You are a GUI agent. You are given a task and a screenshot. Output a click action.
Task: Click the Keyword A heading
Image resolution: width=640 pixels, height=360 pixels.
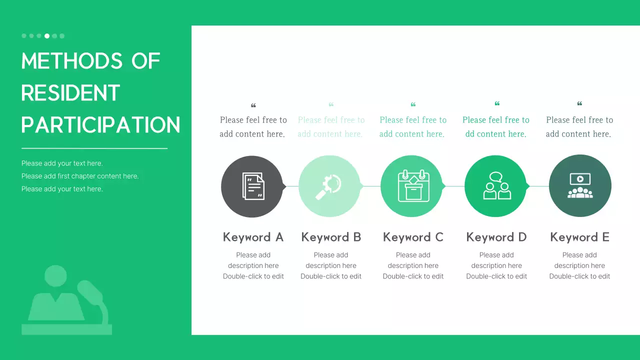253,237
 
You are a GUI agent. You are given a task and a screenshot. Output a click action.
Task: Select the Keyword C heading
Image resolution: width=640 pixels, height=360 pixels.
413,237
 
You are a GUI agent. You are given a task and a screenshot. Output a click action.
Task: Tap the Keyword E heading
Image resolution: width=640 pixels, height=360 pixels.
579,237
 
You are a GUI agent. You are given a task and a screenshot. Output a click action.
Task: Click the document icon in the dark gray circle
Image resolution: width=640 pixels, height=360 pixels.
252,186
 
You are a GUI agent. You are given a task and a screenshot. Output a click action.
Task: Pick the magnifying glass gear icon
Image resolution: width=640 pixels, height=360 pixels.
329,186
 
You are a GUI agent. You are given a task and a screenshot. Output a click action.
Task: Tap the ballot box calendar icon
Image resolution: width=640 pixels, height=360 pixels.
413,186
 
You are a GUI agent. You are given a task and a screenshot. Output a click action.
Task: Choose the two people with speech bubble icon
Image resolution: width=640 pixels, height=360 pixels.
496,186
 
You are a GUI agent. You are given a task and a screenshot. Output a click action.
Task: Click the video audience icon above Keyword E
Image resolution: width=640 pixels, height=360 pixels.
580,185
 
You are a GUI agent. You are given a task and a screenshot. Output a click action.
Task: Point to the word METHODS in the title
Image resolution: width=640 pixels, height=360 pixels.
72,61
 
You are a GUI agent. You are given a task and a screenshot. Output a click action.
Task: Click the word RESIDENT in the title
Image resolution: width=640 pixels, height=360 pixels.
70,93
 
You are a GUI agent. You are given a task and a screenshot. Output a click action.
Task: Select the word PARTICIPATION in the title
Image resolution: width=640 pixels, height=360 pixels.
100,125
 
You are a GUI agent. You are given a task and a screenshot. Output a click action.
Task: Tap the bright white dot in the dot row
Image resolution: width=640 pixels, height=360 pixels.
47,36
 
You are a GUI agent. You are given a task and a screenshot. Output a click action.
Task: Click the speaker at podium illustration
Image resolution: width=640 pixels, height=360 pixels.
67,300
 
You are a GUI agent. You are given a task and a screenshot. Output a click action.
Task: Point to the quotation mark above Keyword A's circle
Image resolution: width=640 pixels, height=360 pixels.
253,105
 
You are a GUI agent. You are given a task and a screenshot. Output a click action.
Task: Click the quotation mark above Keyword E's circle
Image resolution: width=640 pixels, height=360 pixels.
579,104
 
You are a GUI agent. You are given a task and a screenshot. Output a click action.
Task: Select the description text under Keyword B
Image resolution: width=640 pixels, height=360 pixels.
331,265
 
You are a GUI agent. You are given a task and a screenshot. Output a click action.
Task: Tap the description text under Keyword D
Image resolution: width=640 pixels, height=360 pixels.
496,265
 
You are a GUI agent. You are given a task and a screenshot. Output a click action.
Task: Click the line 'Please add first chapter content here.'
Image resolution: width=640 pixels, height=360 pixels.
80,176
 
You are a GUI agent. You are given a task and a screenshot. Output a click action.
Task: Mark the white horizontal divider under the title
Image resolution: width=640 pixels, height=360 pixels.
94,148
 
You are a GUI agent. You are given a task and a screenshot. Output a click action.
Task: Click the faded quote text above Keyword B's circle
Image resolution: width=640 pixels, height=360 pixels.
331,127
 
